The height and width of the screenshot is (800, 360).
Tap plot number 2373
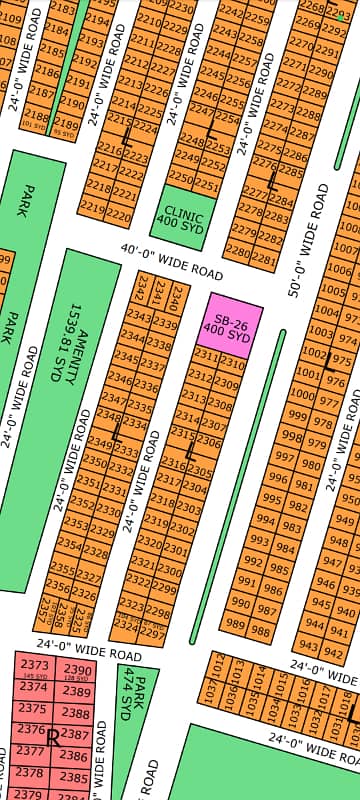[35, 666]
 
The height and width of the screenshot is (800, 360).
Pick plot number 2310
[230, 361]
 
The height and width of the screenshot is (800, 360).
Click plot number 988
[263, 626]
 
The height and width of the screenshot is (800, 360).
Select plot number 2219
[91, 208]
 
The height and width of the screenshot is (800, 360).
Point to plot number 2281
[264, 259]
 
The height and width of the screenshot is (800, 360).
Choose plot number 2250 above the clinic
[181, 177]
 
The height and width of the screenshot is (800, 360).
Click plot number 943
[308, 647]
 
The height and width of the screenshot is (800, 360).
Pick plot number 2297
[154, 633]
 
